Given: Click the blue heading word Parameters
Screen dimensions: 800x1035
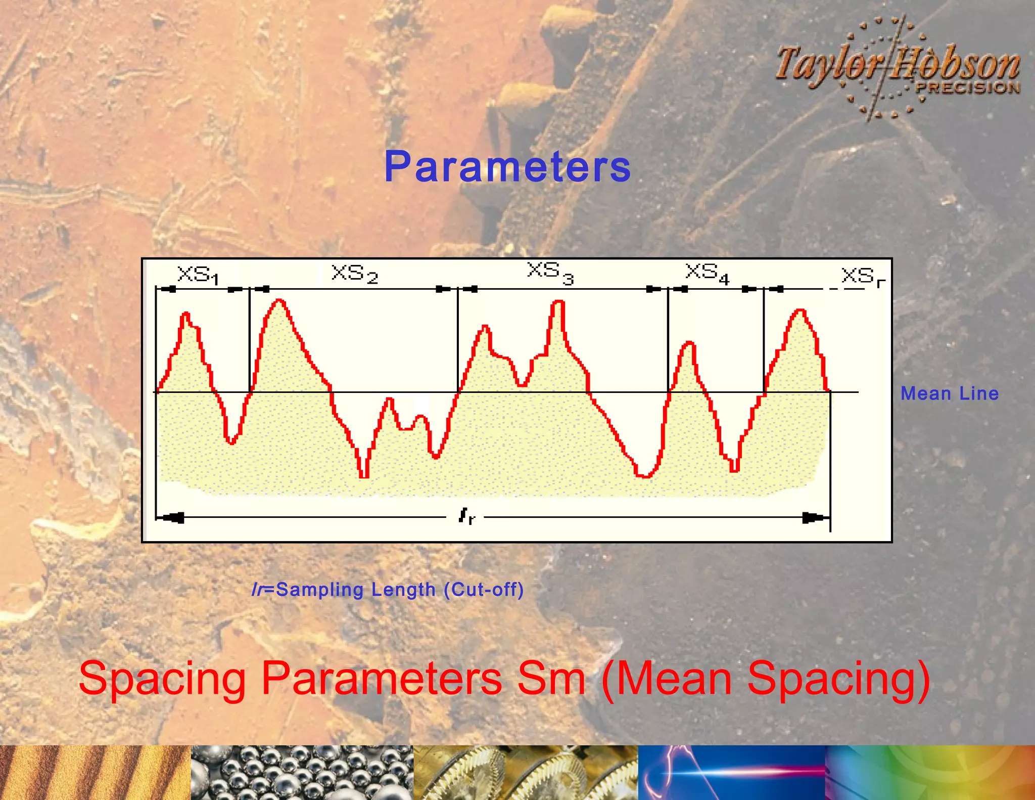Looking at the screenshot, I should [507, 167].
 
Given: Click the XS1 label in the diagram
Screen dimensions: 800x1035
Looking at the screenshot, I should [198, 276].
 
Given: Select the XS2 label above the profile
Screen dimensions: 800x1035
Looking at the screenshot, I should [355, 274].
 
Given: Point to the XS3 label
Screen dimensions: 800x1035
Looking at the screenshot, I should [550, 273].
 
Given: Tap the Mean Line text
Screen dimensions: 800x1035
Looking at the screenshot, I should [950, 393].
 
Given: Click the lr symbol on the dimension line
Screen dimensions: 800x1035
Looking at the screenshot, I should [466, 516].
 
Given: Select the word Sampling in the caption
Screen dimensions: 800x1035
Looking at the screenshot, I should [320, 590].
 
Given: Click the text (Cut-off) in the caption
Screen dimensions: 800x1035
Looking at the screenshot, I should [484, 590].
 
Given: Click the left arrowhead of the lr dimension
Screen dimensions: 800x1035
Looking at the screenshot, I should [172, 517].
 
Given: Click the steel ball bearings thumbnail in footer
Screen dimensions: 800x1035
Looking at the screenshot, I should [302, 773].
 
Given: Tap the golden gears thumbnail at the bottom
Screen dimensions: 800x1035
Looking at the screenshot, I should [526, 773].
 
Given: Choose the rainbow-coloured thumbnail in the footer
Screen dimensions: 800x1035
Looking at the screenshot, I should [930, 773].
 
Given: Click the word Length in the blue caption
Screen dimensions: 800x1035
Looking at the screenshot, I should [403, 590].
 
